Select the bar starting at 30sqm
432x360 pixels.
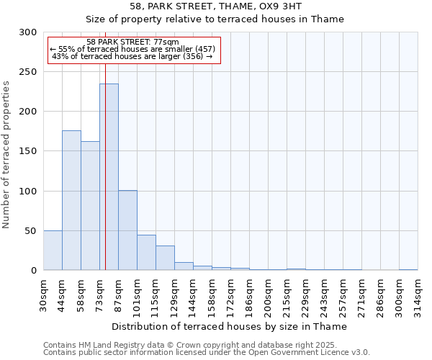coord(53,251)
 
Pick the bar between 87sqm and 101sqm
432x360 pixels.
coord(127,230)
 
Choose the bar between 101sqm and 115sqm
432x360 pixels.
coord(146,253)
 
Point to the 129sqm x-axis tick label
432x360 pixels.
coord(175,294)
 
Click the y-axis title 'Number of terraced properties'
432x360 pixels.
coord(6,155)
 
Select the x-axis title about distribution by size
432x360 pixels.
coord(230,327)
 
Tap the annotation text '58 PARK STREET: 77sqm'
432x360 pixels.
coord(132,42)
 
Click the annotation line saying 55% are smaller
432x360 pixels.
coord(132,49)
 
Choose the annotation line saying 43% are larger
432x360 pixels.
coord(132,56)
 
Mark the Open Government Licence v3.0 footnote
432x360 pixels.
coord(207,353)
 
